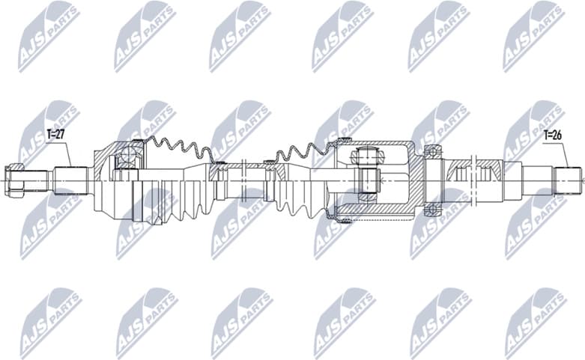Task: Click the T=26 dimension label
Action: [x=553, y=136]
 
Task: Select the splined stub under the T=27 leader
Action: [x=69, y=180]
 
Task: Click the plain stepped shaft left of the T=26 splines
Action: [x=536, y=180]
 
